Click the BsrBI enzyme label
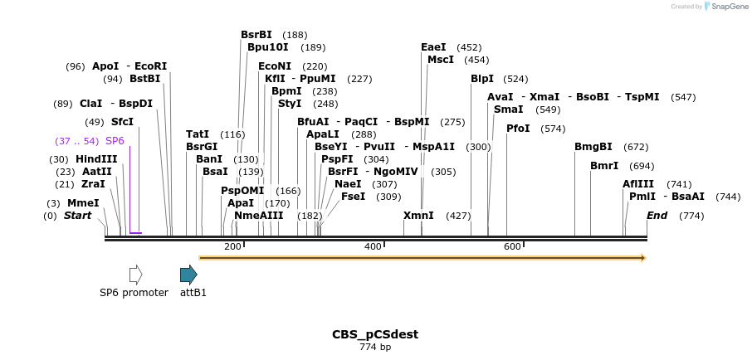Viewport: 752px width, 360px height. click(x=256, y=35)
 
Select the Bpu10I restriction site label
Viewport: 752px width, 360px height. click(x=268, y=47)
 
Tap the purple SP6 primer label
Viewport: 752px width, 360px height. click(x=115, y=141)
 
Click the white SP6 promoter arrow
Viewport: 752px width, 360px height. click(x=135, y=275)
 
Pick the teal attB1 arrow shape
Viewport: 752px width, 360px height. click(x=188, y=275)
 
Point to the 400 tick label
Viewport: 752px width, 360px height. click(x=373, y=246)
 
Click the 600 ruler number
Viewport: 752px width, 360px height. click(x=512, y=246)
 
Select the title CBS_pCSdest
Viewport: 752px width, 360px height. click(x=375, y=334)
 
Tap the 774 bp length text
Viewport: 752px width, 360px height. click(x=375, y=347)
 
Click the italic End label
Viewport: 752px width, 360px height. click(x=657, y=216)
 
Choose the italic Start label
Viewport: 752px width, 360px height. click(x=77, y=216)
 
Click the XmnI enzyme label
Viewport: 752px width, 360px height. click(x=418, y=216)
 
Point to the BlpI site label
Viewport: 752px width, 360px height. click(x=482, y=79)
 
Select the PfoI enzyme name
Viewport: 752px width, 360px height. click(x=518, y=129)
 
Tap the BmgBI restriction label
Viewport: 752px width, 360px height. click(x=593, y=147)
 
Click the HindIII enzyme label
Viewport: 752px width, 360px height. click(x=97, y=159)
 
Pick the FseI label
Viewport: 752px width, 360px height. click(x=353, y=197)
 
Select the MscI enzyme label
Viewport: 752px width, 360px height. click(x=440, y=60)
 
